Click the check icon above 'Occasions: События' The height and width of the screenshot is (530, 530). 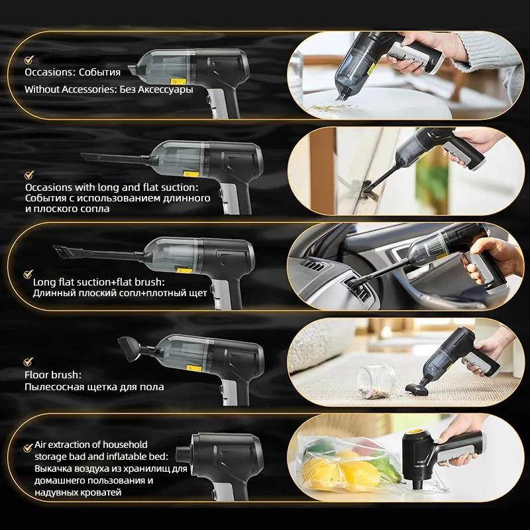(x=28, y=58)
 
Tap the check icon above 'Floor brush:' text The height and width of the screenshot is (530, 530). (x=28, y=361)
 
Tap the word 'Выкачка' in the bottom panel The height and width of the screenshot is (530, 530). (x=54, y=468)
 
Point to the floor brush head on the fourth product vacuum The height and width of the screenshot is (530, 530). (x=127, y=346)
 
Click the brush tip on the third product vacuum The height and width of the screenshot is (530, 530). (x=64, y=250)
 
